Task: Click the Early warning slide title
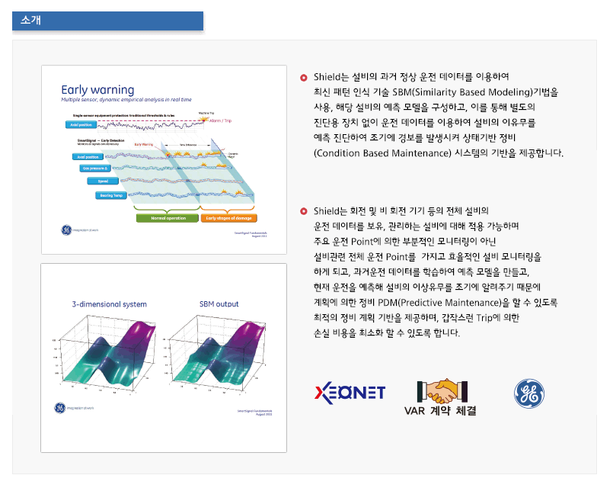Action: pyautogui.click(x=97, y=89)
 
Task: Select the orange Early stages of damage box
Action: pyautogui.click(x=228, y=217)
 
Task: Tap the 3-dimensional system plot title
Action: pyautogui.click(x=110, y=303)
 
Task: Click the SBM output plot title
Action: pyautogui.click(x=219, y=303)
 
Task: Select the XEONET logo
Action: pyautogui.click(x=350, y=392)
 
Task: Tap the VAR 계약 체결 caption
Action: pyautogui.click(x=440, y=411)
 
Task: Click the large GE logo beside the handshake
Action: pyautogui.click(x=528, y=393)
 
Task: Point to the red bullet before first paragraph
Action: pyautogui.click(x=304, y=77)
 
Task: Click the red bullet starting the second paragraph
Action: pyautogui.click(x=304, y=210)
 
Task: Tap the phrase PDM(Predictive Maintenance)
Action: pyautogui.click(x=449, y=303)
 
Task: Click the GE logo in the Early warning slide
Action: pyautogui.click(x=66, y=230)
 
